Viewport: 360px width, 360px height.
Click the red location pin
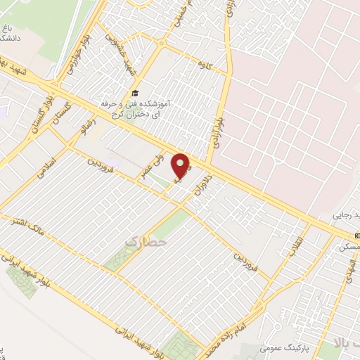[181, 166]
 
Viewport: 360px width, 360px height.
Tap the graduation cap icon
[134, 94]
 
